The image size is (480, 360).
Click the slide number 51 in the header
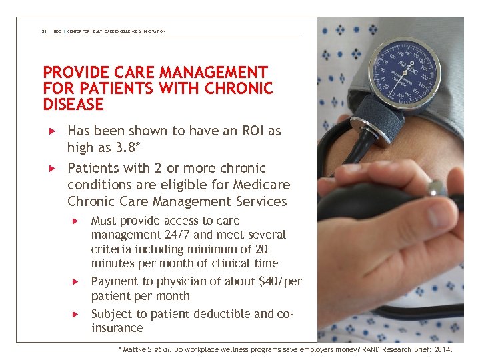tap(43, 31)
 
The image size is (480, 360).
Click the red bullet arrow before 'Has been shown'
tap(47, 131)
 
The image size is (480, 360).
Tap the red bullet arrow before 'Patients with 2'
tap(47, 169)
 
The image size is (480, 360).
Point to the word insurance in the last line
tap(117, 328)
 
